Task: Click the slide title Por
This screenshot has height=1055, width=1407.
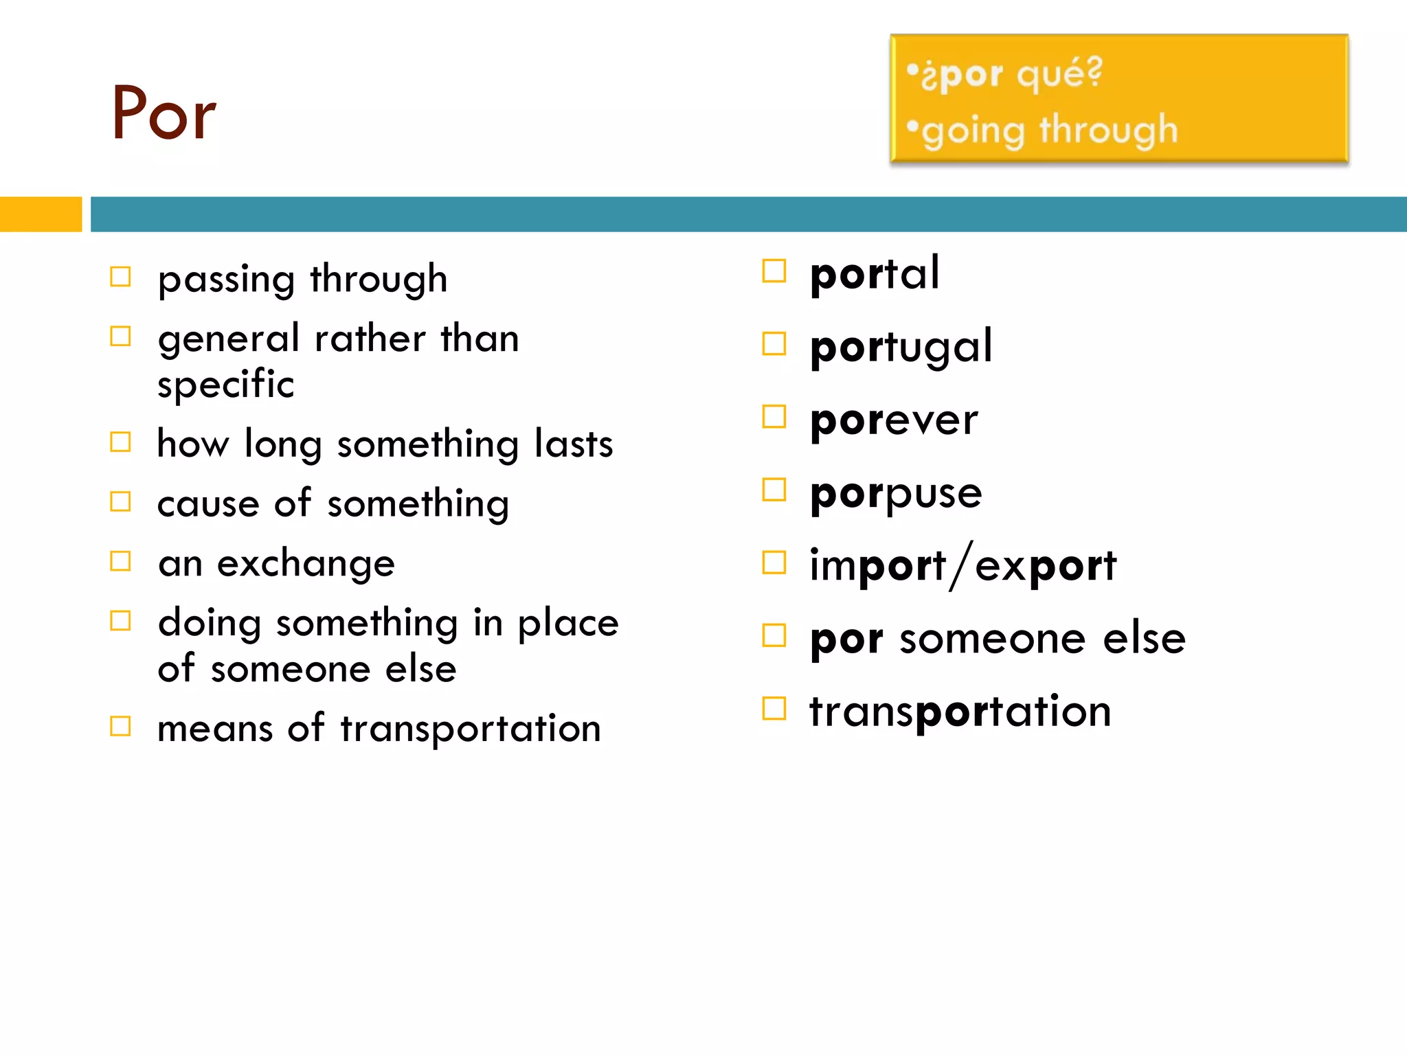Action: pyautogui.click(x=164, y=114)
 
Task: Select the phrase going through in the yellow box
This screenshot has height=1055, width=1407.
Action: pyautogui.click(x=1049, y=131)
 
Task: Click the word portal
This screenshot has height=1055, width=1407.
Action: pyautogui.click(x=874, y=274)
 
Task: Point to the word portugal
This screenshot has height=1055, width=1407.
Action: pyautogui.click(x=901, y=348)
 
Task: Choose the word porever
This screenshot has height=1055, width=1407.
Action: pyautogui.click(x=893, y=420)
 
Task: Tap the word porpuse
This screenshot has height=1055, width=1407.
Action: pyautogui.click(x=896, y=494)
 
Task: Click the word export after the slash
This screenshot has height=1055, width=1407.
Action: pyautogui.click(x=1046, y=566)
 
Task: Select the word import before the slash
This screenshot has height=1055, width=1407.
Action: pyautogui.click(x=877, y=566)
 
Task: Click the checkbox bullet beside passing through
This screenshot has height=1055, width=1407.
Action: pyautogui.click(x=120, y=277)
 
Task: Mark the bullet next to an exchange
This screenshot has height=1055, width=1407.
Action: pyautogui.click(x=120, y=561)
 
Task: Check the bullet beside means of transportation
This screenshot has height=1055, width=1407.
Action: pyautogui.click(x=120, y=726)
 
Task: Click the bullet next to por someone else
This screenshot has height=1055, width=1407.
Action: pyautogui.click(x=774, y=636)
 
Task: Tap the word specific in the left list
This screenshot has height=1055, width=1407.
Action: pyautogui.click(x=226, y=385)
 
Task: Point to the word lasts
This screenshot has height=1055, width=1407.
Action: pyautogui.click(x=574, y=444)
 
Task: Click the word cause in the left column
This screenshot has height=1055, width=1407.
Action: pyautogui.click(x=208, y=504)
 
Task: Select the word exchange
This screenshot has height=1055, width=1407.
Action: pyautogui.click(x=306, y=565)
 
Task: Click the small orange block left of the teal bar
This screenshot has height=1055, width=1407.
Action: pyautogui.click(x=41, y=214)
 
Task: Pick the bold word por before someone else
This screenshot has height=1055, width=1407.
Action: pyautogui.click(x=846, y=639)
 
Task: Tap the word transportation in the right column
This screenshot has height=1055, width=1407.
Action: pyautogui.click(x=960, y=712)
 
